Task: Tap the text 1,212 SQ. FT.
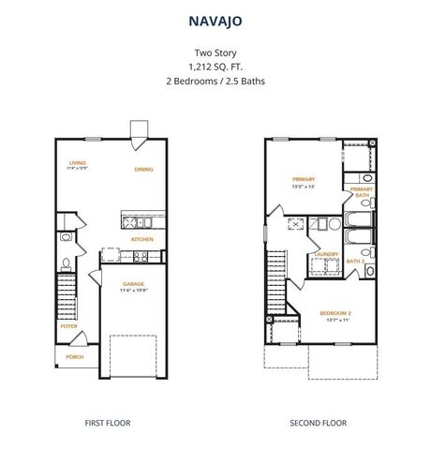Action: coord(215,67)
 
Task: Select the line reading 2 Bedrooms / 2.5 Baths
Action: coord(215,81)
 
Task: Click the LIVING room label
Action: coord(77,163)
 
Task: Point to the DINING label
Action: coord(143,170)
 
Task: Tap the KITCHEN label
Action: coord(142,239)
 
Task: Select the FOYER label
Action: coord(69,326)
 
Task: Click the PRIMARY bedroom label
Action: coord(303,178)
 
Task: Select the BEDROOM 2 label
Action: coord(334,312)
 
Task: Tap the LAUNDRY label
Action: coord(325,253)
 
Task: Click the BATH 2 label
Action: coord(356,261)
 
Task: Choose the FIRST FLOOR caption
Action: coord(110,423)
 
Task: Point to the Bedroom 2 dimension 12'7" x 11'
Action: coord(334,321)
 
